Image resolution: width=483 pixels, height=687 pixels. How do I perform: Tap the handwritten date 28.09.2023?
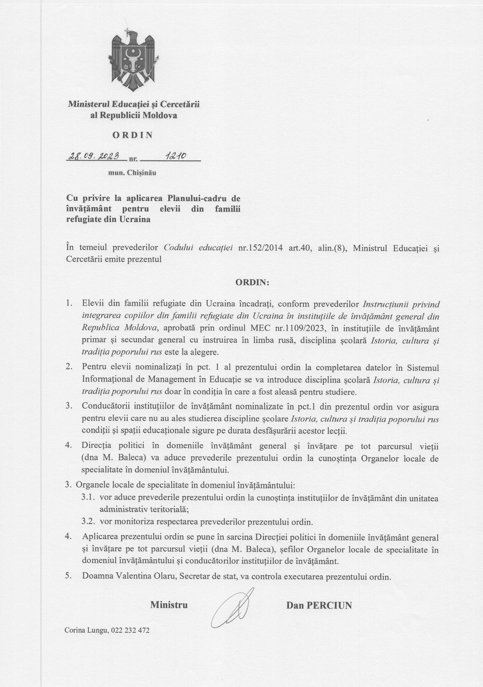[x=94, y=156]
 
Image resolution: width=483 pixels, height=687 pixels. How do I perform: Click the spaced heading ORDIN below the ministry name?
[x=133, y=135]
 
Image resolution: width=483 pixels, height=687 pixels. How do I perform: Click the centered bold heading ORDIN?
[x=252, y=283]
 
